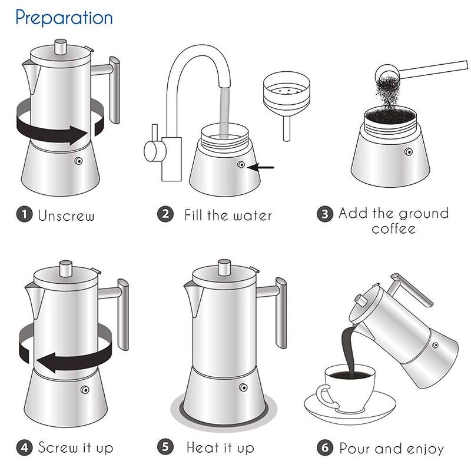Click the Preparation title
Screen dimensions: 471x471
click(64, 18)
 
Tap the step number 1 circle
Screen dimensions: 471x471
click(23, 215)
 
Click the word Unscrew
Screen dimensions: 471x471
click(66, 215)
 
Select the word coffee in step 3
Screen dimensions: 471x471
click(393, 228)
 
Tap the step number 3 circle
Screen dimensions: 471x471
click(325, 214)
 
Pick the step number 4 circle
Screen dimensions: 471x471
click(24, 447)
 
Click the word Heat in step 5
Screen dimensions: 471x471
click(203, 447)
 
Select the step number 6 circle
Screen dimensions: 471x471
click(326, 448)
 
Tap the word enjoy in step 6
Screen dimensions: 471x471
click(422, 449)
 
